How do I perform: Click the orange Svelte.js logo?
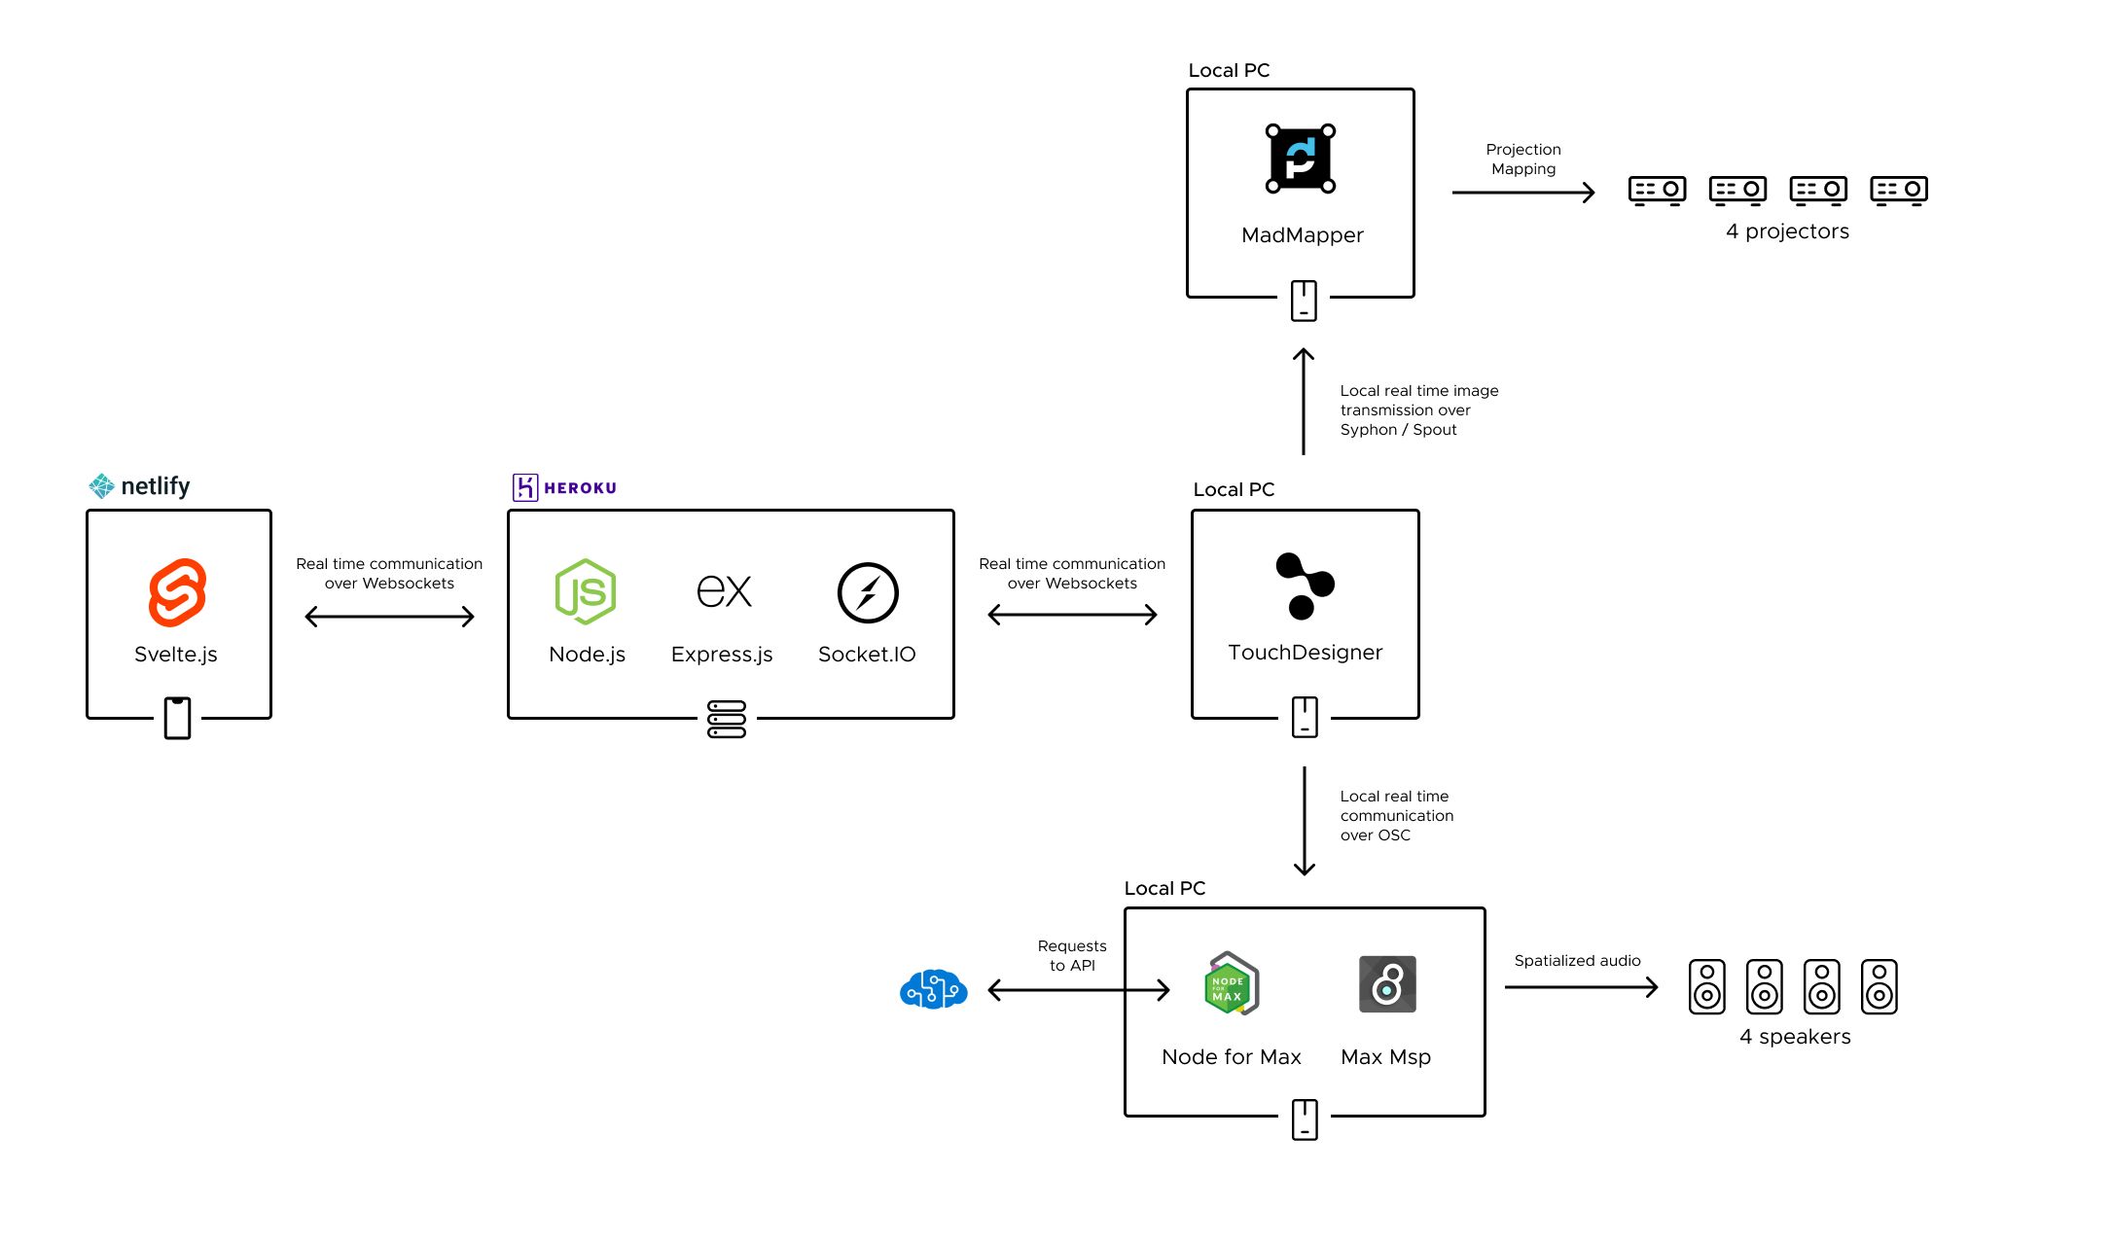point(177,591)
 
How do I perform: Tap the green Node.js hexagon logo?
point(585,591)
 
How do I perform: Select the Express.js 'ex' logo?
point(724,591)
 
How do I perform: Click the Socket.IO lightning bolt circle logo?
point(867,592)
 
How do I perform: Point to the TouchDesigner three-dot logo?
point(1304,586)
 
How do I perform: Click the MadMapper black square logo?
point(1301,159)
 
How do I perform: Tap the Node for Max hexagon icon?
point(1231,984)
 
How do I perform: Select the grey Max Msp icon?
point(1387,984)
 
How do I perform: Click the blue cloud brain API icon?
point(933,989)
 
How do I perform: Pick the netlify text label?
point(155,485)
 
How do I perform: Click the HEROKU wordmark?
point(580,488)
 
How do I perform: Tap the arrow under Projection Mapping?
point(1522,193)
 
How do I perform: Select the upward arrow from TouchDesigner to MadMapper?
point(1304,401)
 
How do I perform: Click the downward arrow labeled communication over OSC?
point(1305,821)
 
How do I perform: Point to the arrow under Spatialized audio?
point(1581,987)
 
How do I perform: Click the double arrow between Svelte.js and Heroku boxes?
point(389,617)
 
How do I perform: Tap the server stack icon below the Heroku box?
point(727,719)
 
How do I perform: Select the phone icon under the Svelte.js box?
point(177,718)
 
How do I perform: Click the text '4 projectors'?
point(1787,231)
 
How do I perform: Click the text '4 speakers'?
point(1795,1037)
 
